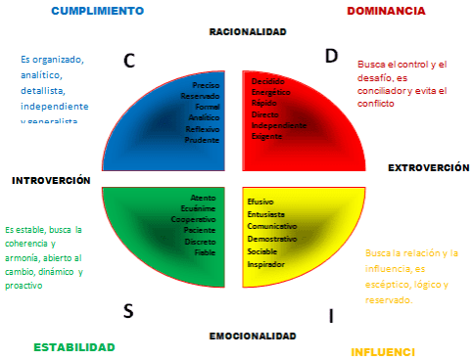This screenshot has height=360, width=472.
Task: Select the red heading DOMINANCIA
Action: [386, 11]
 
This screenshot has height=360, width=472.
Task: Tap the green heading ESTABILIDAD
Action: [74, 347]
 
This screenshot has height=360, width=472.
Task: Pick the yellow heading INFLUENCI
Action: [383, 351]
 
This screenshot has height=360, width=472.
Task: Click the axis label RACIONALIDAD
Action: [248, 32]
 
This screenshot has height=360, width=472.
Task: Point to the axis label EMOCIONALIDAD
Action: [253, 336]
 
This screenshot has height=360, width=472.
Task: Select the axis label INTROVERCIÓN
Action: [51, 181]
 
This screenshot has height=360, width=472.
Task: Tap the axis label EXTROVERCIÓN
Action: [428, 168]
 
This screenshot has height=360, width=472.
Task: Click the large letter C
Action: [129, 61]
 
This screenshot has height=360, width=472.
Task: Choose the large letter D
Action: [331, 56]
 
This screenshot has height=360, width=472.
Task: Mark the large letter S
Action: [128, 311]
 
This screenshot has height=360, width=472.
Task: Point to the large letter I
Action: [331, 315]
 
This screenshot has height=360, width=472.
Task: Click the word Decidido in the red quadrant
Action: [270, 81]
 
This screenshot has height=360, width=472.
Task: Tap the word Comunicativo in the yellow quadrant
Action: [273, 225]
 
